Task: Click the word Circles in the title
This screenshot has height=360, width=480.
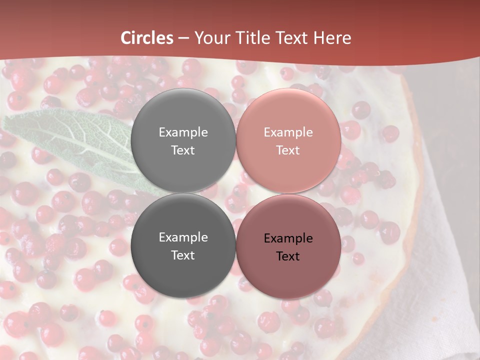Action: point(147,38)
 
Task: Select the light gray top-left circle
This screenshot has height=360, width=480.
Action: point(183,120)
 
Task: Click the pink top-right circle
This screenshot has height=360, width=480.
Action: point(288,120)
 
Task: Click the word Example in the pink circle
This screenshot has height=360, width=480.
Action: point(288,132)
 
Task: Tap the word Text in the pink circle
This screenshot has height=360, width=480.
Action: point(288,150)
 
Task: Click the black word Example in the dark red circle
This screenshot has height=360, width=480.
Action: point(288,238)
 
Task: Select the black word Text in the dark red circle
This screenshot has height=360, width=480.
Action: point(288,256)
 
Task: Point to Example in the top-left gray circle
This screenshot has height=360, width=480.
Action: point(183,132)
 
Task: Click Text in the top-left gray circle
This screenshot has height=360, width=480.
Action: point(183,150)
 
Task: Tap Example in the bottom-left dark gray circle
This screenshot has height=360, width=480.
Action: point(183,237)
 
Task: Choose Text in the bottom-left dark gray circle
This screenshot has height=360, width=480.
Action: point(183,255)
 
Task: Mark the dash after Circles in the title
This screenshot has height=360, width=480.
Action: point(183,38)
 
